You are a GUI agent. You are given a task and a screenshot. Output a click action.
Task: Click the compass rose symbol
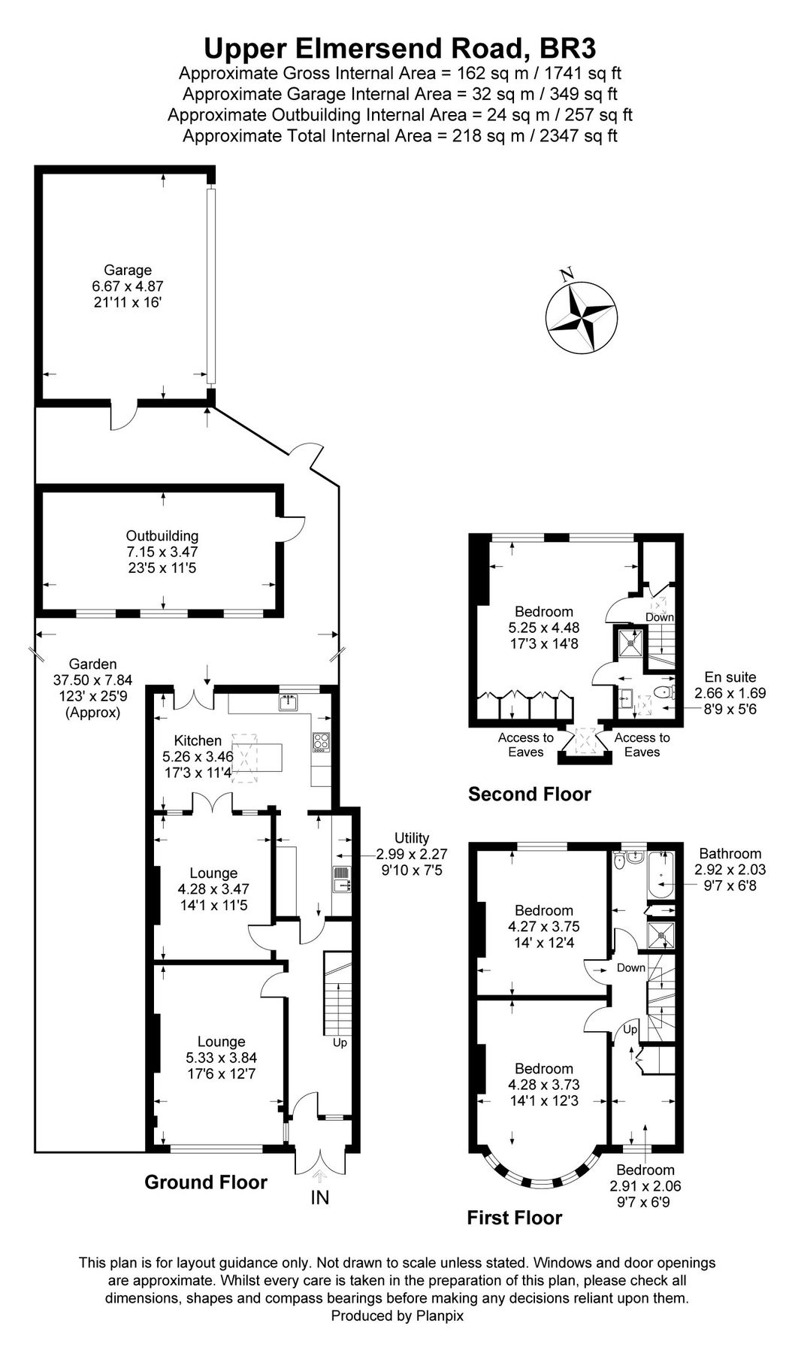pyautogui.click(x=582, y=316)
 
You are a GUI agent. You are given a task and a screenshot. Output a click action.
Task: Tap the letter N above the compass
pyautogui.click(x=568, y=273)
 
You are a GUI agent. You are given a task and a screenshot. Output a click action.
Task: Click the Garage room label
pyautogui.click(x=128, y=270)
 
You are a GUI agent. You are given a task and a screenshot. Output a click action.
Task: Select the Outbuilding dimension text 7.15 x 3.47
pyautogui.click(x=162, y=552)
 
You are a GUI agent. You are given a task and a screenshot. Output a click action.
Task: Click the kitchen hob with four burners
pyautogui.click(x=320, y=742)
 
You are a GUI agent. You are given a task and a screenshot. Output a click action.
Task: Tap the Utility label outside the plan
pyautogui.click(x=412, y=837)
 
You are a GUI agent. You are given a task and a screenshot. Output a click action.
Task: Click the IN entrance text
pyautogui.click(x=320, y=1197)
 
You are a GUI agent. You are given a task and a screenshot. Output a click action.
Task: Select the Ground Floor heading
pyautogui.click(x=205, y=1182)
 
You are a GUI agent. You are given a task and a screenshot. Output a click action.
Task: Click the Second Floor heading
pyautogui.click(x=529, y=794)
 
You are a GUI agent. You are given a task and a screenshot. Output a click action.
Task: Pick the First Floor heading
pyautogui.click(x=514, y=1217)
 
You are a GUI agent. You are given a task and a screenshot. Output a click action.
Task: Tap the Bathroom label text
pyautogui.click(x=730, y=853)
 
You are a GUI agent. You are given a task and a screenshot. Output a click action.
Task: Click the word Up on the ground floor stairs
pyautogui.click(x=340, y=1043)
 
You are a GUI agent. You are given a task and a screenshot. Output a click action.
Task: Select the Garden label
pyautogui.click(x=93, y=664)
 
